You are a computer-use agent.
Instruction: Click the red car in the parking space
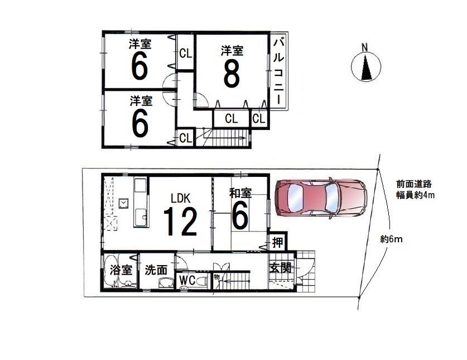point(321,198)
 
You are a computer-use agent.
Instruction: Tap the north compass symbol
point(366,66)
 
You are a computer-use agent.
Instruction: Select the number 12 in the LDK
point(180,221)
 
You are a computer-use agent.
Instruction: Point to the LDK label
point(180,198)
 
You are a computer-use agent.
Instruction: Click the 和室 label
point(240,193)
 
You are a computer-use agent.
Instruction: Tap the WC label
point(187,280)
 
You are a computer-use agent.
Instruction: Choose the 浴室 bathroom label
point(121,270)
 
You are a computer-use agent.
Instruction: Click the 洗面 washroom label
point(156,270)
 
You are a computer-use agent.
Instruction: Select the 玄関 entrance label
point(280,267)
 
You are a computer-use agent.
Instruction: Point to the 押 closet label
point(277,243)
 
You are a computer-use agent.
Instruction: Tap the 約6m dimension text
point(391,239)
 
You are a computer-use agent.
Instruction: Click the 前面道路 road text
point(414,184)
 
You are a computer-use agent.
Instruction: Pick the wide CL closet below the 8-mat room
point(232,119)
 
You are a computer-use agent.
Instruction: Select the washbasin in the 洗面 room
point(166,283)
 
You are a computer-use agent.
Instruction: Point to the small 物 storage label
point(216,277)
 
